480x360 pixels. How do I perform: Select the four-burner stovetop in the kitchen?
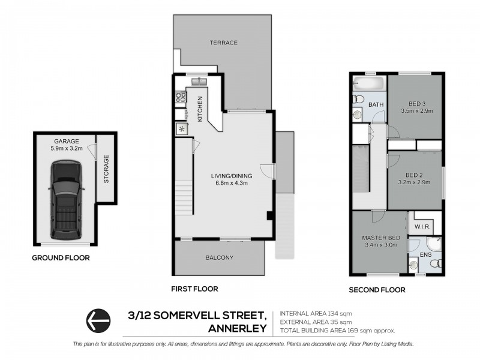[x=179, y=97]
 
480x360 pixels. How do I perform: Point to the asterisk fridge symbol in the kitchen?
[x=181, y=129]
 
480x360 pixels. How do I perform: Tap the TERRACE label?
[x=224, y=43]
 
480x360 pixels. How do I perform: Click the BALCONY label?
[x=219, y=258]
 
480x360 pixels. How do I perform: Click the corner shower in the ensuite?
[x=434, y=244]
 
